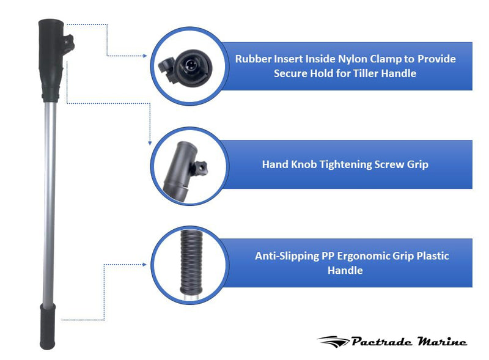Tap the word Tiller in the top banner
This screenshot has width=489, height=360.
[363, 73]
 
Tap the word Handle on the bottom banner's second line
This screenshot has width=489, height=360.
[345, 271]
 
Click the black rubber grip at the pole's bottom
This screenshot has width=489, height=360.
[48, 326]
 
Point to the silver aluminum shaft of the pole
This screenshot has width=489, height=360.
[50, 203]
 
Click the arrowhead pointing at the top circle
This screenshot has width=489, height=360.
[145, 56]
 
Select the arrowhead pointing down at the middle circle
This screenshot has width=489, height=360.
[150, 143]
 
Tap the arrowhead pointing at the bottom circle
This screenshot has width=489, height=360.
[144, 265]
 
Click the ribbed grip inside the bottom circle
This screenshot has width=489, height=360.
[191, 263]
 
